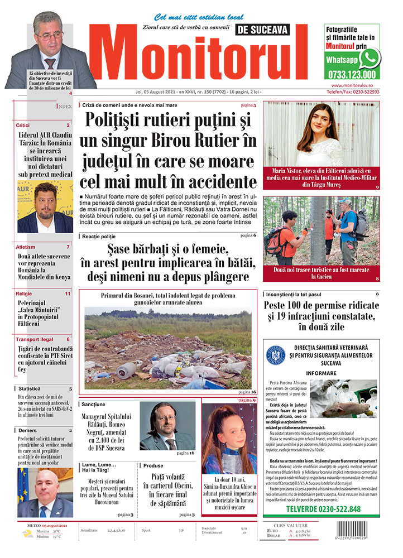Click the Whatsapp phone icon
coord(369,58)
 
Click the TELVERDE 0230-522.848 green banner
coord(323,509)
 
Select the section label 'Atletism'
coord(26,247)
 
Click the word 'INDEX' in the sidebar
coord(64,105)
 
